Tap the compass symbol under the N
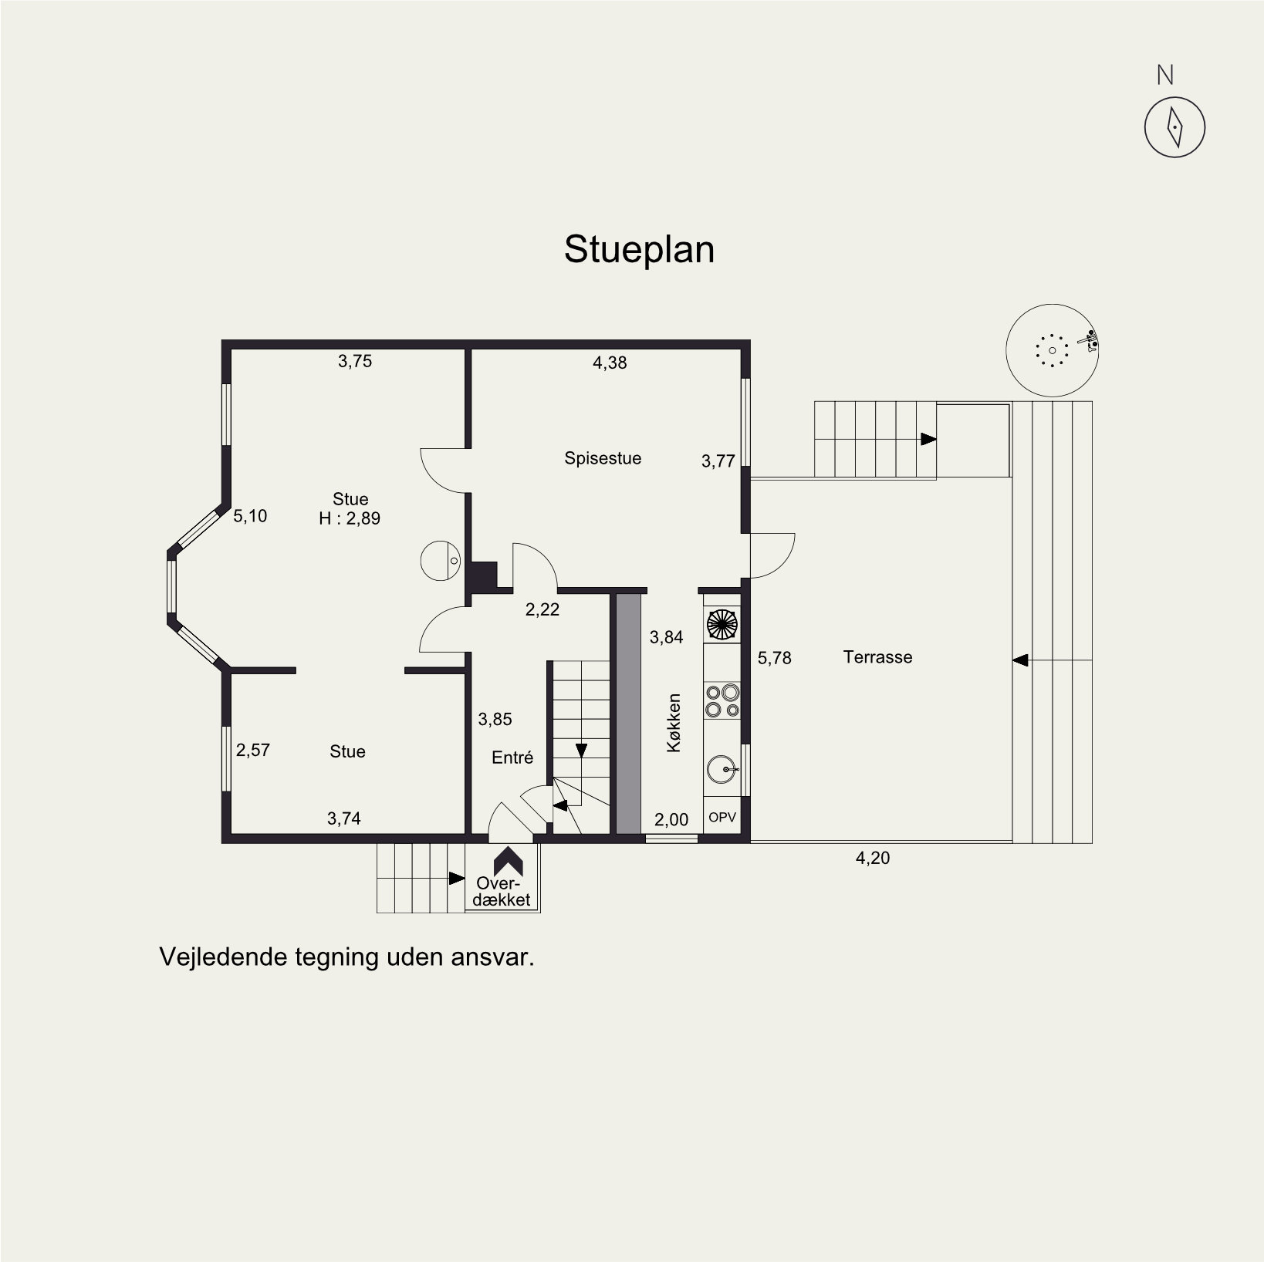[x=1174, y=127]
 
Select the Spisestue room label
[x=603, y=458]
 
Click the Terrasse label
[x=877, y=657]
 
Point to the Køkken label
[x=674, y=723]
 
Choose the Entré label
[x=512, y=758]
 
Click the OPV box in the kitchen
[x=722, y=818]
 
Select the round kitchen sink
[x=722, y=770]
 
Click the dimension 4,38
[x=610, y=363]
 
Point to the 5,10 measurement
[x=250, y=516]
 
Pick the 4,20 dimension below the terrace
[x=873, y=858]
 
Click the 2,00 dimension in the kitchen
[x=671, y=819]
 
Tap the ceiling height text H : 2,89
[x=350, y=518]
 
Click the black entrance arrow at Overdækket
[x=509, y=862]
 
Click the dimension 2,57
[x=253, y=750]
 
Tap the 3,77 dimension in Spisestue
[x=718, y=461]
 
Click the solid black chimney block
[x=482, y=576]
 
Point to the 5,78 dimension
[x=775, y=658]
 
